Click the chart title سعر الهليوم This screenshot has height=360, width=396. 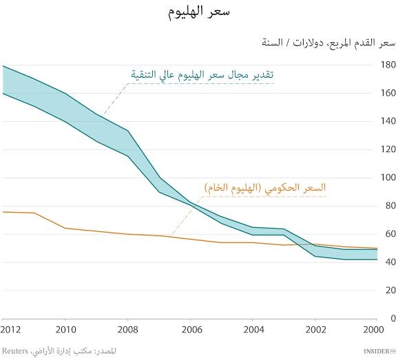(198, 12)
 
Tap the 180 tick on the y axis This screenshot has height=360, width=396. (388, 65)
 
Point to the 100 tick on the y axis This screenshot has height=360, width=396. (388, 178)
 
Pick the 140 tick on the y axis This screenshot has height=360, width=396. (388, 121)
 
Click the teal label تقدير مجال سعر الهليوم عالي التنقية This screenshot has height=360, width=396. (203, 74)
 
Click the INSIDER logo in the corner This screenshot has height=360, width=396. (378, 351)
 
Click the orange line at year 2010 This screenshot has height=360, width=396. (65, 228)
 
